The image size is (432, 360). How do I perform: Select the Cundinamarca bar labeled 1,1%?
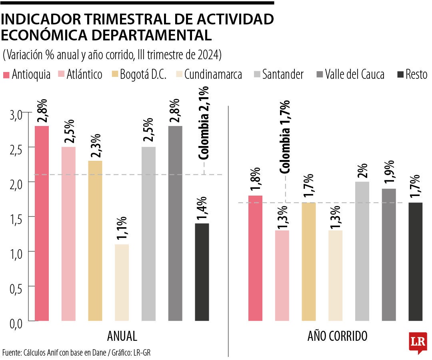pos(122,282)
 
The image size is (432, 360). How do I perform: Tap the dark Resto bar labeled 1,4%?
pos(202,272)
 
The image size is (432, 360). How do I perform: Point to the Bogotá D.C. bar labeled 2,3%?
pos(95,240)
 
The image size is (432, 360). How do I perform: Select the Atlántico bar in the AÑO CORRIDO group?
pos(282,276)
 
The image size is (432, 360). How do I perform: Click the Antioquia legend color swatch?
pos(6,75)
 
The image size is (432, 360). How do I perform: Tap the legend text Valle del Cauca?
pos(354,74)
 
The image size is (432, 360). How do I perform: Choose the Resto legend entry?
pos(416,74)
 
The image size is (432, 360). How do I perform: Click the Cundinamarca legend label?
pos(213,74)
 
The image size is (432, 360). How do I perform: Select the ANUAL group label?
pos(122,336)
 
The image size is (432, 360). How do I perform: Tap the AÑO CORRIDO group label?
pos(337,336)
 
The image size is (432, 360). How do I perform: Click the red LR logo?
pos(418,342)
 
